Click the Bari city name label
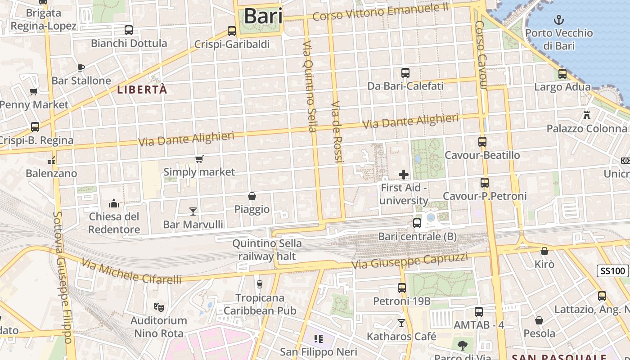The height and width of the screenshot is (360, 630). pos(263,17)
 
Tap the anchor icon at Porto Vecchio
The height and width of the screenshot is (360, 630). pos(558,20)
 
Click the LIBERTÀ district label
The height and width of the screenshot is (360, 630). pos(142,90)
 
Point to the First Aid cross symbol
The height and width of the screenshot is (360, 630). pos(404,175)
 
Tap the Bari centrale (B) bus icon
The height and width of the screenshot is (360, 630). pos(417,223)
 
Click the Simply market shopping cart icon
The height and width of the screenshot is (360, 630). pos(199,159)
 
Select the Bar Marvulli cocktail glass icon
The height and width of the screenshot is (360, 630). pos(193,211)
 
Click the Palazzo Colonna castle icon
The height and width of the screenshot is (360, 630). pos(586,115)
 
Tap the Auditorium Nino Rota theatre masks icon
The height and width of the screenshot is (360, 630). pos(158,307)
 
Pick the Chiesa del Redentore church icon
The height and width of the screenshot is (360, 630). pos(114,203)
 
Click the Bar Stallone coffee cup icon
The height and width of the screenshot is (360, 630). pos(81,67)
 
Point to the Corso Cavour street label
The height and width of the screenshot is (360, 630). pos(481,55)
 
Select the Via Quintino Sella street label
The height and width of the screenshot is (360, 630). pos(310,86)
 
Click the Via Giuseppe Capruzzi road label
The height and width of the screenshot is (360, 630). pos(409,261)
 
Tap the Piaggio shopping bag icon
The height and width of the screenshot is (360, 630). pos(252,196)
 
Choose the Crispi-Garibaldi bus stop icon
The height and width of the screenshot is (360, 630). pos(232,31)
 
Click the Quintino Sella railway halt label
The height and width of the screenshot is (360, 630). pos(267,250)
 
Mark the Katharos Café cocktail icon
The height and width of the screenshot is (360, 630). pos(401,323)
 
